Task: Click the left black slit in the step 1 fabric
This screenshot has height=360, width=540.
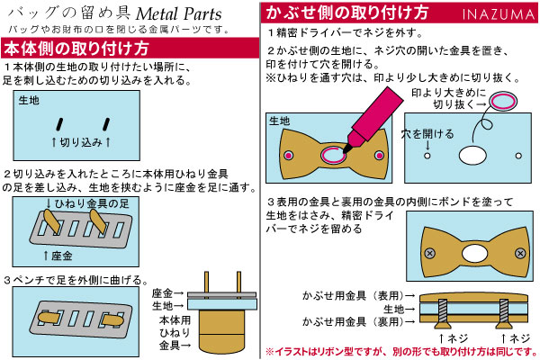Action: tap(60, 121)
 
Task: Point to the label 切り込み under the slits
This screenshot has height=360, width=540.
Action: tap(81, 142)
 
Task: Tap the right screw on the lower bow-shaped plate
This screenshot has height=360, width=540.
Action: tap(511, 253)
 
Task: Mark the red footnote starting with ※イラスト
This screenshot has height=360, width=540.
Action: tap(401, 352)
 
